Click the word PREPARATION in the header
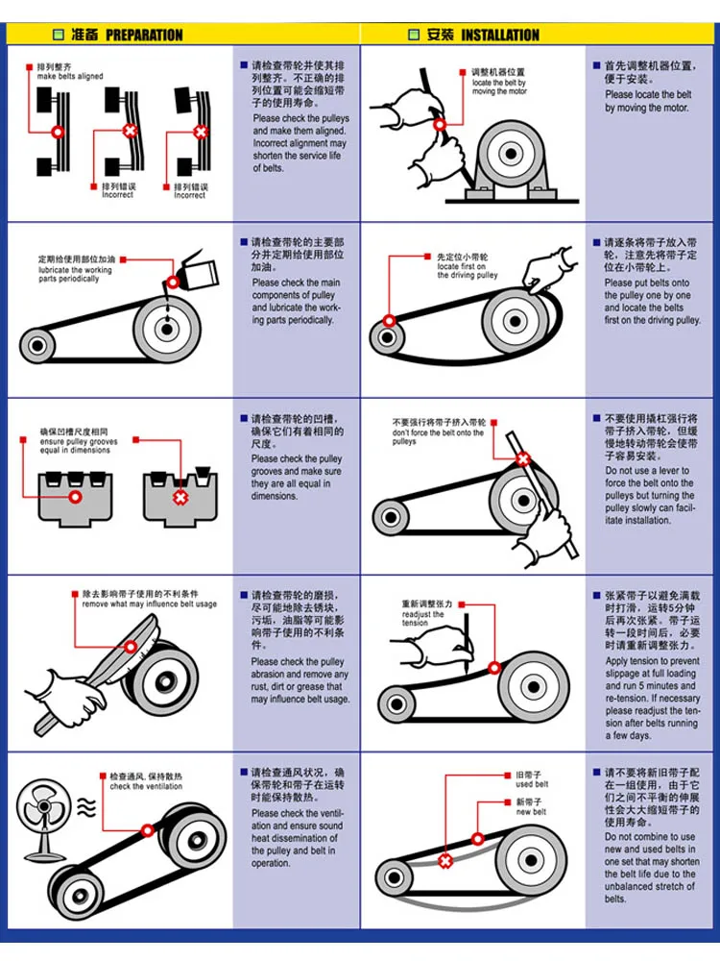pyautogui.click(x=144, y=36)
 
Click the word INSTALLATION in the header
pyautogui.click(x=500, y=36)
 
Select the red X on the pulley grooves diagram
pyautogui.click(x=180, y=497)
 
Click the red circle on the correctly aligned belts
pyautogui.click(x=57, y=131)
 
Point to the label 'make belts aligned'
pyautogui.click(x=70, y=76)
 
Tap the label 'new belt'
pyautogui.click(x=531, y=812)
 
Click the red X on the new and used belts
pyautogui.click(x=444, y=860)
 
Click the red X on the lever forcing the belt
pyautogui.click(x=523, y=459)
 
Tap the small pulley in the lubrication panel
pyautogui.click(x=36, y=344)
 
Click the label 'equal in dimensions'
pyautogui.click(x=75, y=450)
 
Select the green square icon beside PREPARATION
pyautogui.click(x=57, y=36)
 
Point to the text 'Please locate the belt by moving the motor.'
pyautogui.click(x=647, y=101)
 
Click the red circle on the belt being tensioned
pyautogui.click(x=494, y=667)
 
